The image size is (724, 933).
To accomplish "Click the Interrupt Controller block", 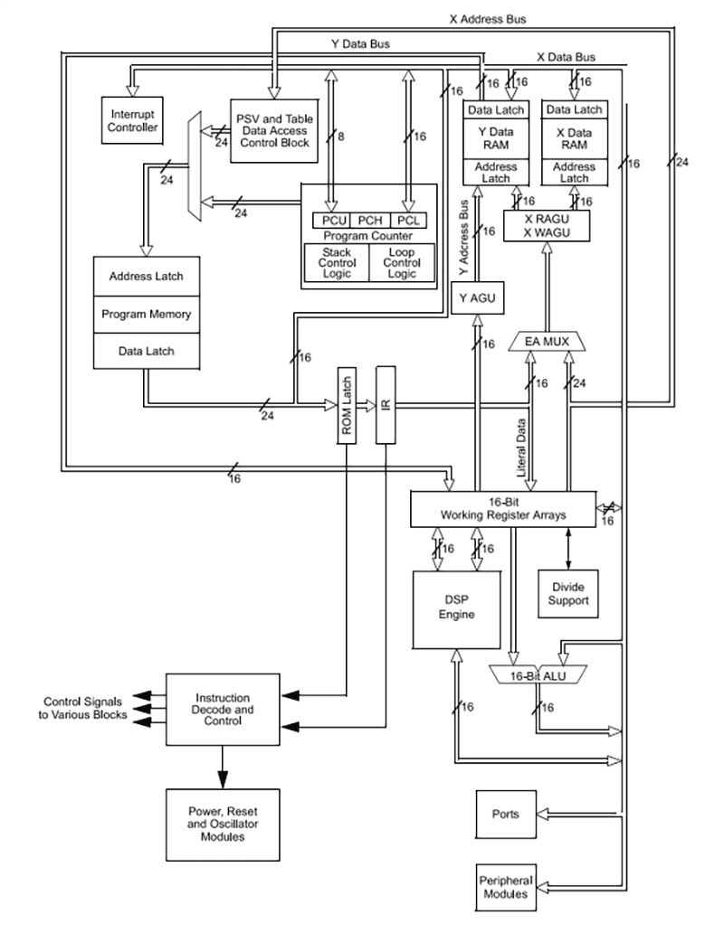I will [134, 121].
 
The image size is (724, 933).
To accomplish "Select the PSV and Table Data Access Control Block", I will [274, 130].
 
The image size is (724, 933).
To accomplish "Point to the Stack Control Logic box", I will [336, 262].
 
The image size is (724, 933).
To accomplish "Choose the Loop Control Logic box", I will [401, 262].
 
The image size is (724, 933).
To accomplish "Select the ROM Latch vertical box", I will [348, 405].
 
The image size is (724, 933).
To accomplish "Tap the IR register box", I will [386, 405].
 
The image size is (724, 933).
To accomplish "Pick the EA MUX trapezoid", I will [549, 343].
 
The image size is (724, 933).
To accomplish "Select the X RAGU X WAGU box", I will [546, 226].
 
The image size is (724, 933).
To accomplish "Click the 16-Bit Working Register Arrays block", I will [503, 509].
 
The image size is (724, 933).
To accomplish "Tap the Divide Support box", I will [567, 594].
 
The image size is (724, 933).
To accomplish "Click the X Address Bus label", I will [488, 18].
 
